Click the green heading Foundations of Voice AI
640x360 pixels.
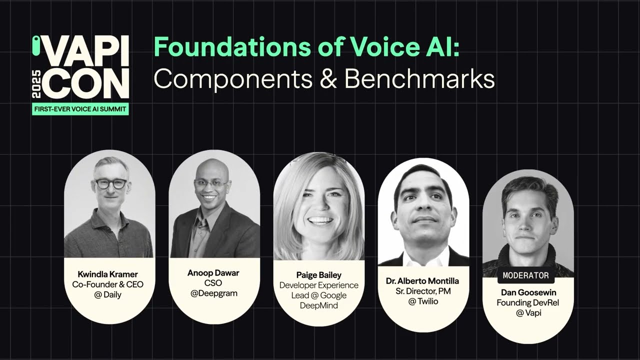point(306,47)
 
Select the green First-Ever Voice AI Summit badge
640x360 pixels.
point(80,108)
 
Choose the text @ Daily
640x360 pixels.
point(107,294)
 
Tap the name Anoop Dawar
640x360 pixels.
point(213,273)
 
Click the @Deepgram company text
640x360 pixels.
point(213,293)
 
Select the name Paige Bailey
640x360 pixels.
point(318,275)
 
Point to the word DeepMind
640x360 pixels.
point(318,305)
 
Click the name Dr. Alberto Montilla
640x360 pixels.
point(423,281)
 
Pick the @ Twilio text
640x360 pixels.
point(423,301)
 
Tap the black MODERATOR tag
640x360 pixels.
point(525,275)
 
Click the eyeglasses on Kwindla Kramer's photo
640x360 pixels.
point(111,183)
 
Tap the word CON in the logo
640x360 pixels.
point(85,83)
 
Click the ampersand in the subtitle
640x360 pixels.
point(329,79)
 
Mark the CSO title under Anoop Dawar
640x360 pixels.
point(213,283)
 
